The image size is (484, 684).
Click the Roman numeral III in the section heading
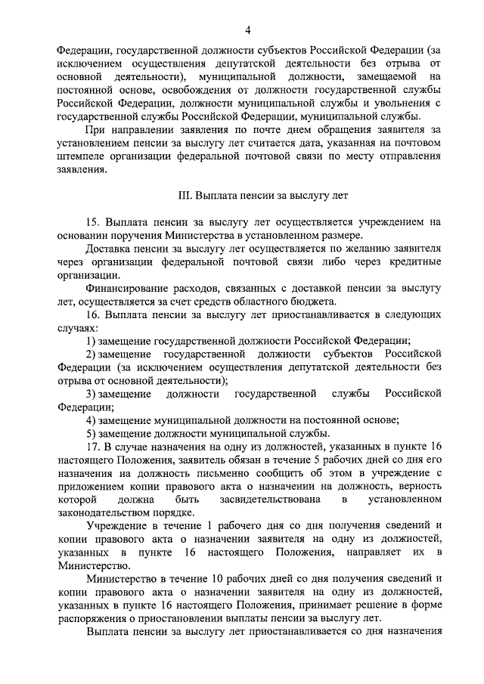tap(185, 194)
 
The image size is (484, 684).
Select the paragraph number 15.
tap(95, 221)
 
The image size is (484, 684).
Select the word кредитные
tap(410, 262)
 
